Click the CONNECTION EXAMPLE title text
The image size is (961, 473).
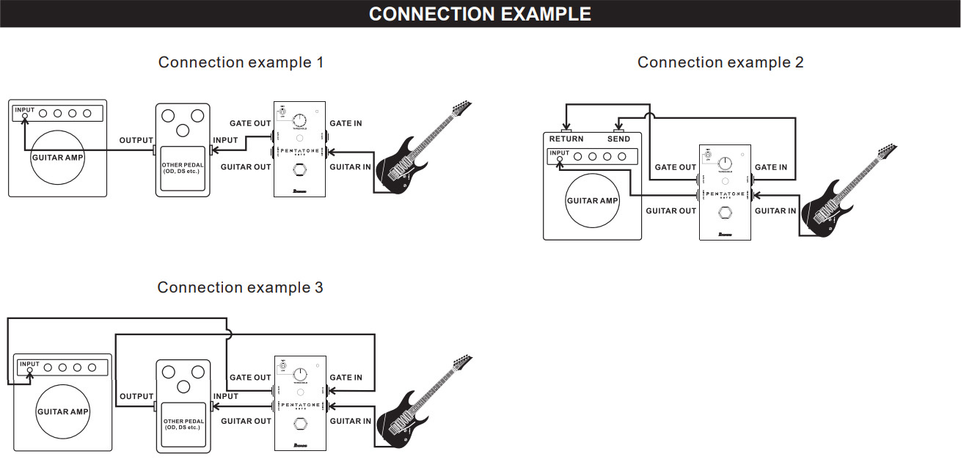480,14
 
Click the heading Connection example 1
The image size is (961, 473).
241,62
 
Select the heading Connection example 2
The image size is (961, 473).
720,62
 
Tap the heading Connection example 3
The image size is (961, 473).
240,287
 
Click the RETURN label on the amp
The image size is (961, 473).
566,139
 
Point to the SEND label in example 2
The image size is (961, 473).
618,139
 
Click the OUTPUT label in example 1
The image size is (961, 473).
136,140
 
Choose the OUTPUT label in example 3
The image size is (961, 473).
136,396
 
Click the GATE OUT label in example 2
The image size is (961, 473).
675,167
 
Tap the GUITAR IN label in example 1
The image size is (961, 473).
350,167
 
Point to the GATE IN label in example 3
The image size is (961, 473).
346,378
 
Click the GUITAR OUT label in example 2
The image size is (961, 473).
670,211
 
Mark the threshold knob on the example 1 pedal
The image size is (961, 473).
299,120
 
